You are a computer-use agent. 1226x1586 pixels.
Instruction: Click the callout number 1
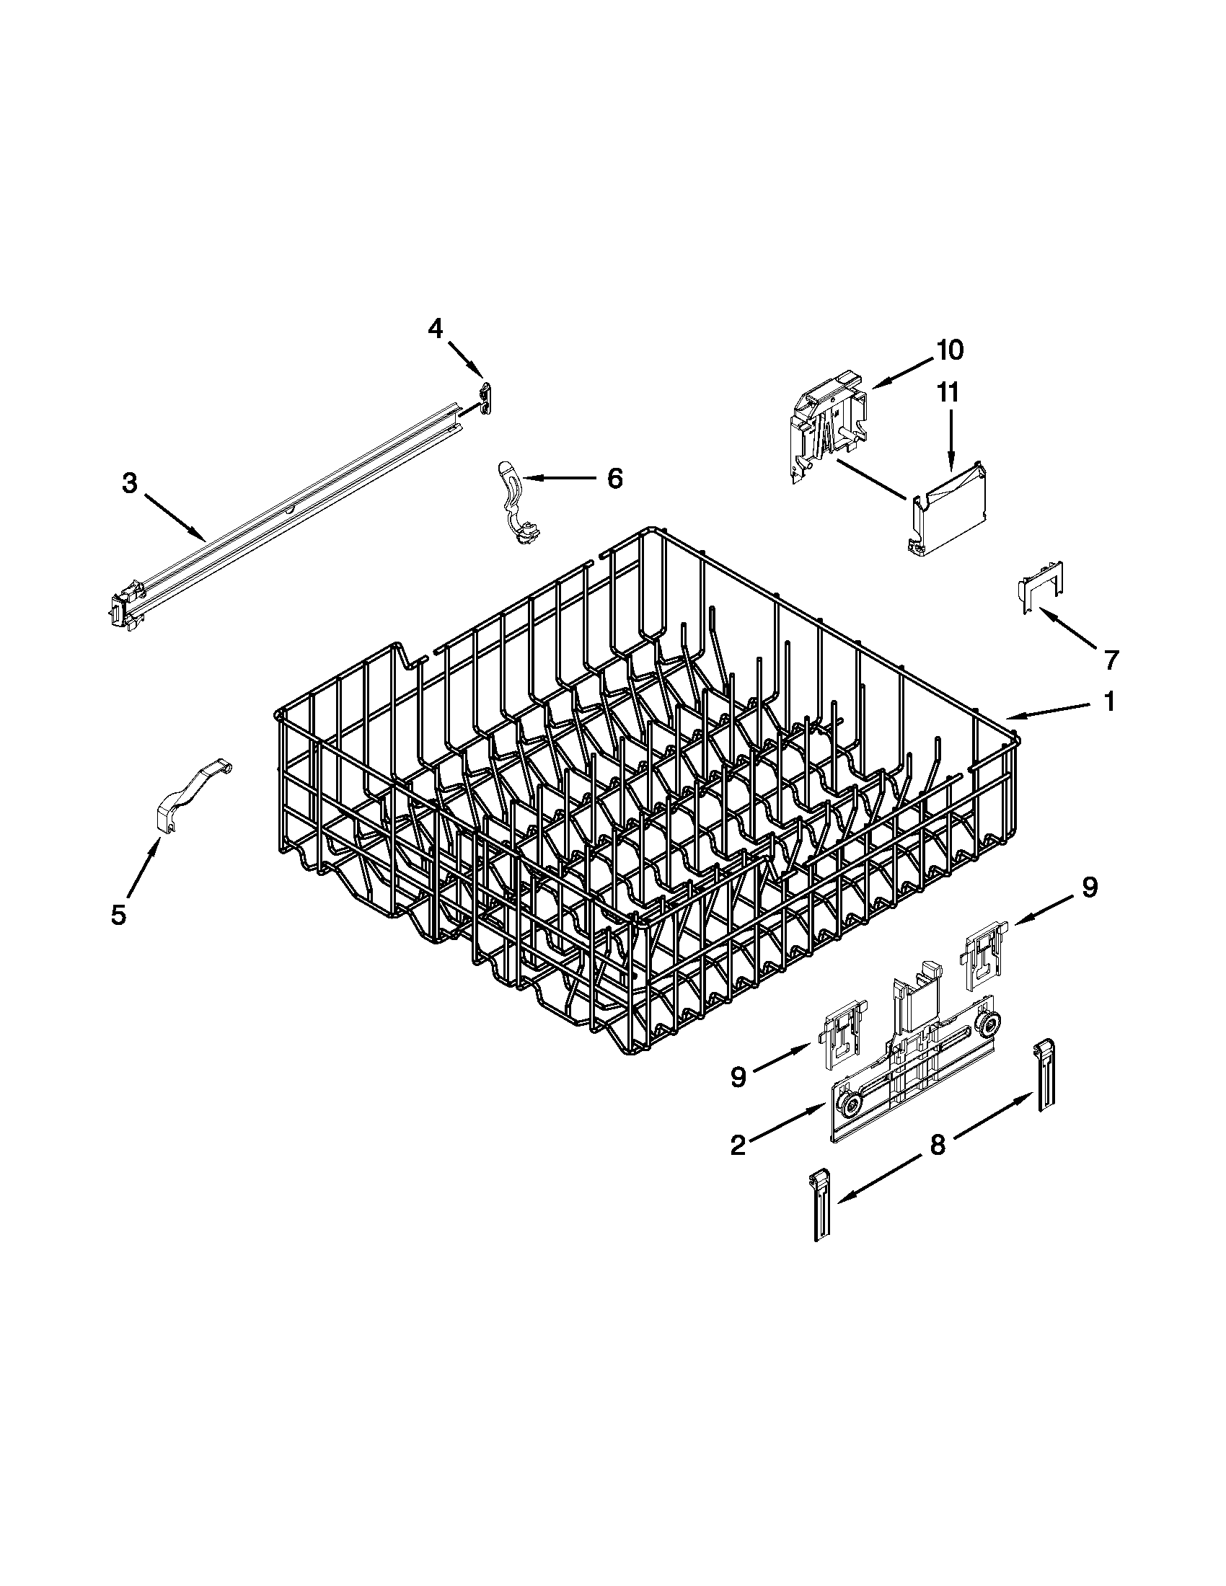coord(1109,702)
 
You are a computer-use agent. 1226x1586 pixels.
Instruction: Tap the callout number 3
coord(129,484)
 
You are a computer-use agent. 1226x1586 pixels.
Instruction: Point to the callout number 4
coord(435,329)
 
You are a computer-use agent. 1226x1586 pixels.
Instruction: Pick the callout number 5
coord(118,914)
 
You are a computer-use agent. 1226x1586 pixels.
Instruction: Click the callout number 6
coord(614,478)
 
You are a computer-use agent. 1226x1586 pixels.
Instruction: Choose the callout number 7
coord(1111,660)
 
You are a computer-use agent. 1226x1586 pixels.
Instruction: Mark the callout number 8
coord(938,1146)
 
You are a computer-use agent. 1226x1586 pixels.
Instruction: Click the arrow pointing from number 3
coord(175,518)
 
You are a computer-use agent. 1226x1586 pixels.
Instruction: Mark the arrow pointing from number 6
coord(559,478)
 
